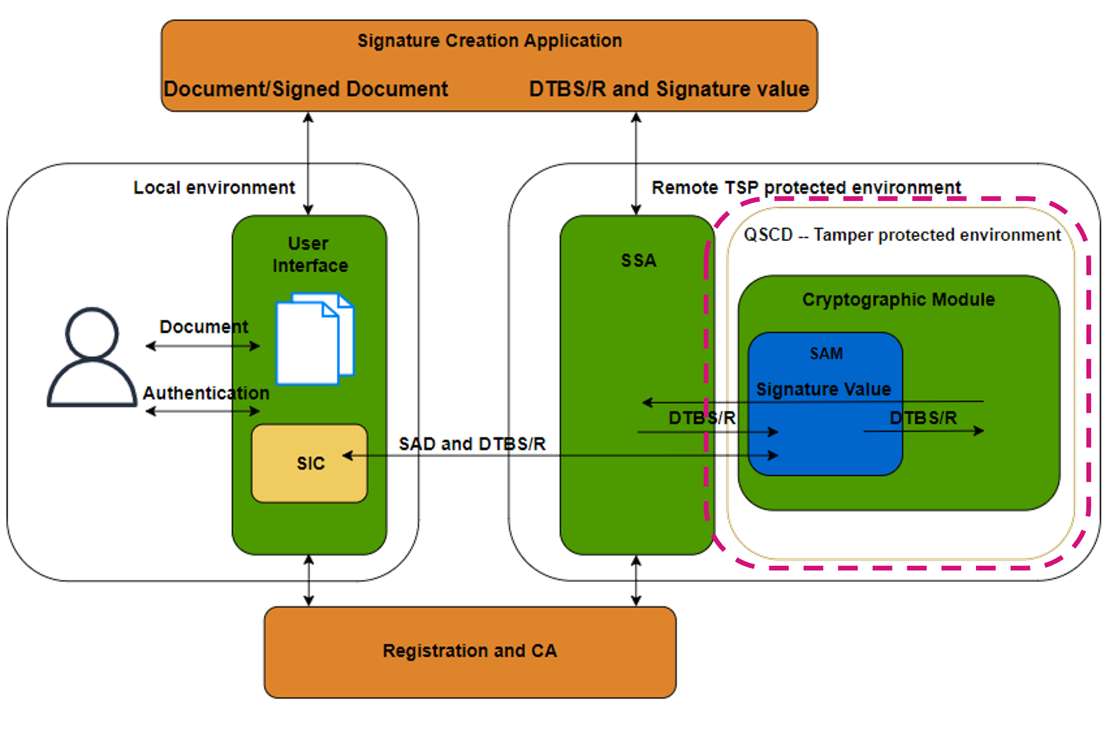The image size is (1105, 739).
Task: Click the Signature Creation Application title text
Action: point(490,41)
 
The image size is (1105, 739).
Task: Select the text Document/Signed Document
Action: point(306,89)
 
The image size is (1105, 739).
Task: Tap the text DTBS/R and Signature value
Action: point(669,89)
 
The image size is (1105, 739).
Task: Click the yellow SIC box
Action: point(310,463)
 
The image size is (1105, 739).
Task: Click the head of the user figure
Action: point(92,333)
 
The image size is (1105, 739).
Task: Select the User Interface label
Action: point(310,254)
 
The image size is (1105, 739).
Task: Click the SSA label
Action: point(638,261)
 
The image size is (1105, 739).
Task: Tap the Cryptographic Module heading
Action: point(898,300)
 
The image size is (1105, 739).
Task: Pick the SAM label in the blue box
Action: point(826,354)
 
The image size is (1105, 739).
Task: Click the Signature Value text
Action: point(823,389)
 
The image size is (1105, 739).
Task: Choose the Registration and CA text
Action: point(470,651)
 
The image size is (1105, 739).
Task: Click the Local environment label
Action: point(214,187)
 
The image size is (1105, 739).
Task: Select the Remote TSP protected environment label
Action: point(806,187)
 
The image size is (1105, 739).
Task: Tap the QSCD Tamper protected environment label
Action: point(902,235)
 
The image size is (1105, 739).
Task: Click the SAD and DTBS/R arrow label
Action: point(472,444)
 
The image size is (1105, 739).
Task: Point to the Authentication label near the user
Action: point(206,393)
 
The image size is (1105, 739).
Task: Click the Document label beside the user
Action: point(204,327)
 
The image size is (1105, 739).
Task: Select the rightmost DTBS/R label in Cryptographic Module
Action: point(923,418)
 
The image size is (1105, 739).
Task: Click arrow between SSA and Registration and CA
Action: point(635,581)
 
